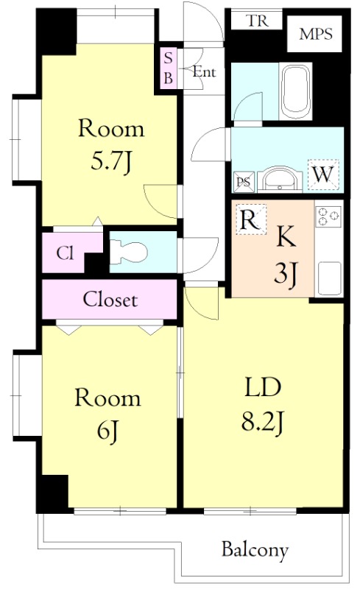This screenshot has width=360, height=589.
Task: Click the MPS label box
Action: pos(314,34)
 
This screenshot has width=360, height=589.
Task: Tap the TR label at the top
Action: pos(258,21)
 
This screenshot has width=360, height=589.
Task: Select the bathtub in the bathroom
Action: pos(296,91)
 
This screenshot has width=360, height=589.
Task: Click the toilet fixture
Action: pos(128,251)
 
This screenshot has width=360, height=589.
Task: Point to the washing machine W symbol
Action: pos(323,174)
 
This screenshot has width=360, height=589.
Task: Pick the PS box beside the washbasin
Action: pos(244,182)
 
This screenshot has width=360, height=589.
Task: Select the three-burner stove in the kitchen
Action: pos(328,216)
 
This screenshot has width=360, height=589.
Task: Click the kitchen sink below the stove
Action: pos(329,278)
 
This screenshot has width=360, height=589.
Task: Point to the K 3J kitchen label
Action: pos(286,256)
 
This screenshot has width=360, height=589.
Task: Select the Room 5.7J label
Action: pos(111,144)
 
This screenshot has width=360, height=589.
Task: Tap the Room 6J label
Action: pos(107,414)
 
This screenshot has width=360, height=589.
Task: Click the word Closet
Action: pos(110,300)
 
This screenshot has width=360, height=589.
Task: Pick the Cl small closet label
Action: pos(65,253)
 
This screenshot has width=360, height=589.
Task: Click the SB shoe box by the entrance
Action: pos(169,68)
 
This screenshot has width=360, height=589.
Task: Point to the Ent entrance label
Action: pos(204,71)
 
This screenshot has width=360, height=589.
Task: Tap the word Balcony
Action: pos(255,551)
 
